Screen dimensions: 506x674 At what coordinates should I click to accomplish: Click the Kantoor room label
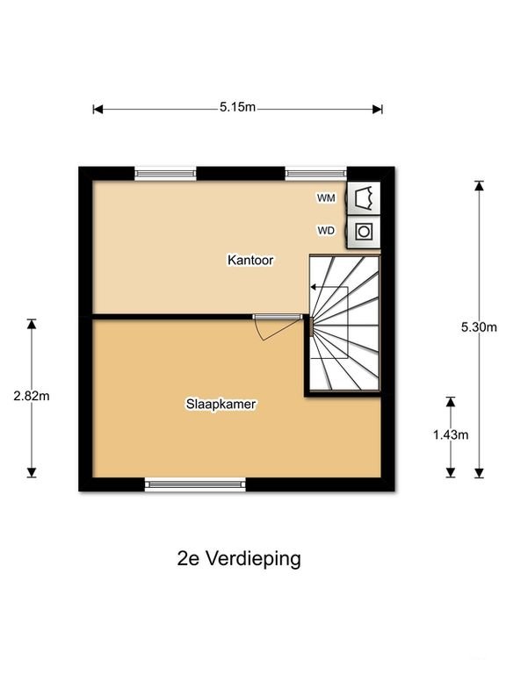click(x=250, y=260)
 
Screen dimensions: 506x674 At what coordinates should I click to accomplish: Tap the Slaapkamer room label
click(x=221, y=404)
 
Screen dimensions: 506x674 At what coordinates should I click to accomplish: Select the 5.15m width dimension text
click(x=237, y=107)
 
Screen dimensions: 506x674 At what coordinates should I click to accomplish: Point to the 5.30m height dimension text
click(x=479, y=327)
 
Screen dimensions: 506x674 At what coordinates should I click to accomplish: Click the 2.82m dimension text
click(x=32, y=396)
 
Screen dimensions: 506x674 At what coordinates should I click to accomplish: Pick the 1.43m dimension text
click(x=451, y=435)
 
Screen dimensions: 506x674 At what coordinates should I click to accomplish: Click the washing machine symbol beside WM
click(x=364, y=198)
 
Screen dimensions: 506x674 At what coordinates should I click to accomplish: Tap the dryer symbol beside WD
click(x=364, y=232)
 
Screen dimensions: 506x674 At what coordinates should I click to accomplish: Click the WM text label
click(x=326, y=198)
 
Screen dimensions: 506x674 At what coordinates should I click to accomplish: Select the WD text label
click(x=326, y=231)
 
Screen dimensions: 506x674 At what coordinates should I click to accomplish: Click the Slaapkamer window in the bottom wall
click(x=195, y=484)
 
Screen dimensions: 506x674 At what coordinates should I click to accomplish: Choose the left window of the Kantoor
click(x=166, y=173)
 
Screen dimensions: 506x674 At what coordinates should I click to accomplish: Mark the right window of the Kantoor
click(x=316, y=173)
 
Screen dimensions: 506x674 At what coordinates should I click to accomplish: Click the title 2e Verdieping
click(x=239, y=559)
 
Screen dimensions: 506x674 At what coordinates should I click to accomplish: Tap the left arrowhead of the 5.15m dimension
click(x=98, y=109)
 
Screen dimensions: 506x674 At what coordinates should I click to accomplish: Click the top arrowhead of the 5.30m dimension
click(x=479, y=186)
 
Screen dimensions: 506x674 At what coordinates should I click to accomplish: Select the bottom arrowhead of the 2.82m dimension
click(x=32, y=472)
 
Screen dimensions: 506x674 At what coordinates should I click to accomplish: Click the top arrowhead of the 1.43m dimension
click(x=451, y=402)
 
